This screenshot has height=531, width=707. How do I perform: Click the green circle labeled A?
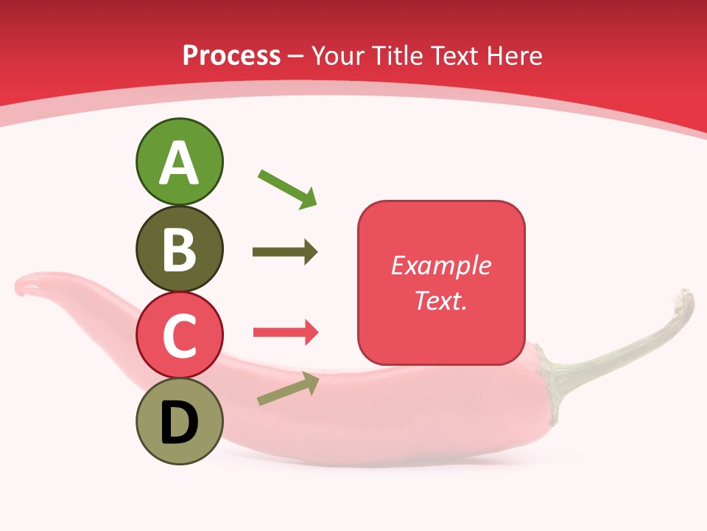[179, 162]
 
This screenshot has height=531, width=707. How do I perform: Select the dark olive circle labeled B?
[179, 249]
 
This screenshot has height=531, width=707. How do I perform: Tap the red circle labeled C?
[179, 335]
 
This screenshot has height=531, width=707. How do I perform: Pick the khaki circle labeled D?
[179, 421]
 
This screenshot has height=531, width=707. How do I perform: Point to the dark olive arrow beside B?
[285, 252]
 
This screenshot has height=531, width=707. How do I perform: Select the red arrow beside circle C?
[285, 333]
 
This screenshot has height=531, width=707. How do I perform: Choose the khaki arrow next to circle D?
[288, 389]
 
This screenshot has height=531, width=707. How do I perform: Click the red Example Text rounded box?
[441, 282]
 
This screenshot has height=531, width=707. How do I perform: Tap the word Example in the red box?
[441, 265]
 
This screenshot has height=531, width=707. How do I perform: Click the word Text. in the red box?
[441, 300]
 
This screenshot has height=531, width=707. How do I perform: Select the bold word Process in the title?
[231, 56]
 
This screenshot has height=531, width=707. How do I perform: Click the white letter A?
[179, 163]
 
